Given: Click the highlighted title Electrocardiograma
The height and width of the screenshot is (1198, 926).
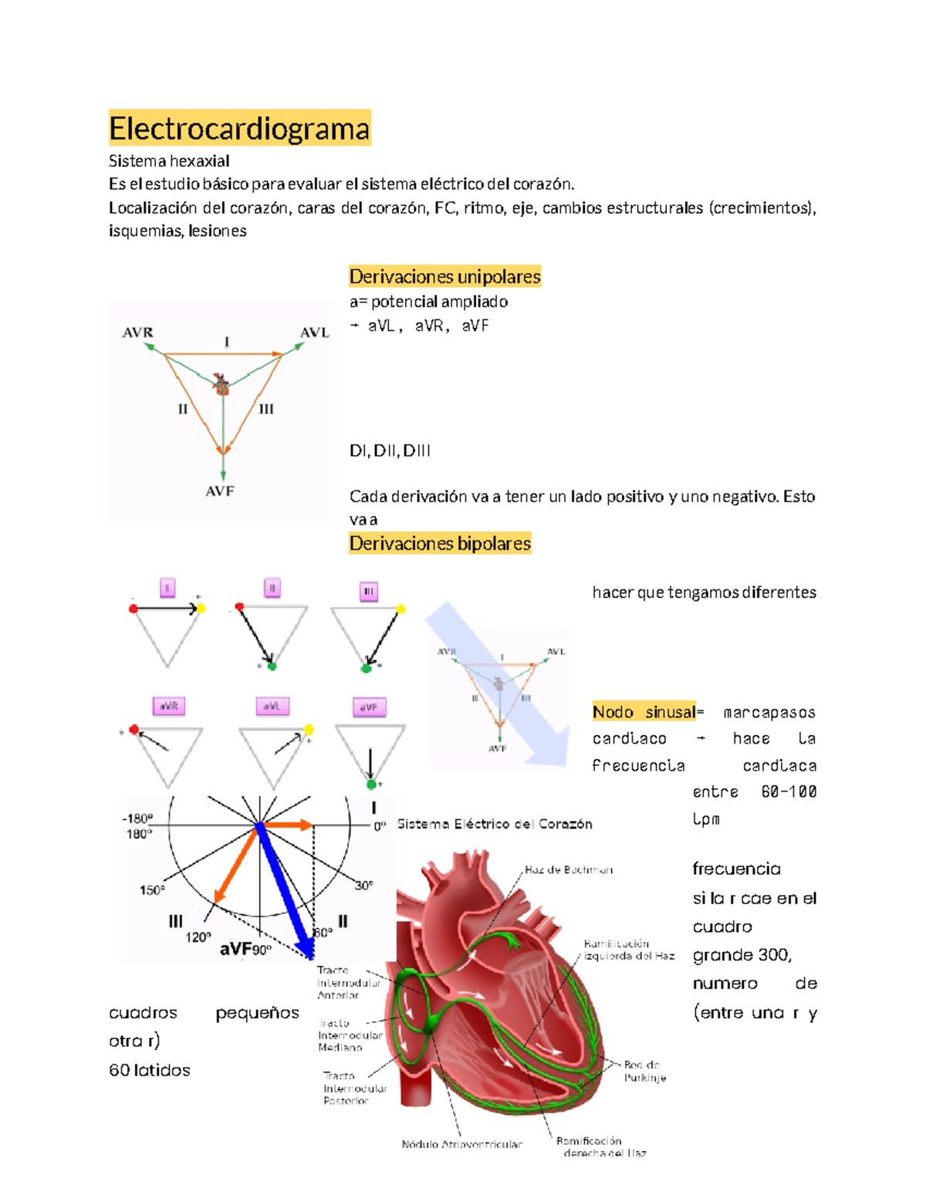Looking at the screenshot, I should (x=239, y=128).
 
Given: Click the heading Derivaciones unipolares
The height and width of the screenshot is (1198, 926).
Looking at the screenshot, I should (x=444, y=276).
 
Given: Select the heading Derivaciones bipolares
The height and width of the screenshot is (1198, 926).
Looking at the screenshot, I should (x=440, y=543).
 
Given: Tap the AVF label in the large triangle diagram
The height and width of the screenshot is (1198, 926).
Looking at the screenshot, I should (x=220, y=491).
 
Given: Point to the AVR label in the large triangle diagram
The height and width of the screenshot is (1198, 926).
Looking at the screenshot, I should (x=137, y=332).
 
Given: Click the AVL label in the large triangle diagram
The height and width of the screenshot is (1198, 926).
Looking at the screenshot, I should (x=314, y=332).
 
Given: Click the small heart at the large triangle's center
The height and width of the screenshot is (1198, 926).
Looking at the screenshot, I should (x=221, y=384).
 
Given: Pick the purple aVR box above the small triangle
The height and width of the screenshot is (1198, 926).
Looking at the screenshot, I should (x=168, y=706).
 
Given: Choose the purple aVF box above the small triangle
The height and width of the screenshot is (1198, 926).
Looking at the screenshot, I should (x=369, y=707).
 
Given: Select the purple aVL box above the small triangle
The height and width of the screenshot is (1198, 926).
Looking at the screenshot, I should (x=272, y=706).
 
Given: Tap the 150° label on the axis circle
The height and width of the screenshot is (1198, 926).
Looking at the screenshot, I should (x=152, y=890).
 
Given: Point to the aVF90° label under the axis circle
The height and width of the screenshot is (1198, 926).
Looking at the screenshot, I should (x=245, y=949).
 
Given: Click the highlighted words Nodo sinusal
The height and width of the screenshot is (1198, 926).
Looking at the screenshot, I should (x=644, y=712).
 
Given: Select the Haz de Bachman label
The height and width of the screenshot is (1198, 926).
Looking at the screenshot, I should (x=569, y=869).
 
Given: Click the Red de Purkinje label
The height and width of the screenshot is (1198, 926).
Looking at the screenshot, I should (x=645, y=1071).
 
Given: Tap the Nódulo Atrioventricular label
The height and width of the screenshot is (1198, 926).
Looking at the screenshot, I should (x=461, y=1144).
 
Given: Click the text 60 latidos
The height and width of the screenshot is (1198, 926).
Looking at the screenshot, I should (x=150, y=1070).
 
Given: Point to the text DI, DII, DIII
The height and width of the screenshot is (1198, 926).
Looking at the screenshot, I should (x=390, y=451).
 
